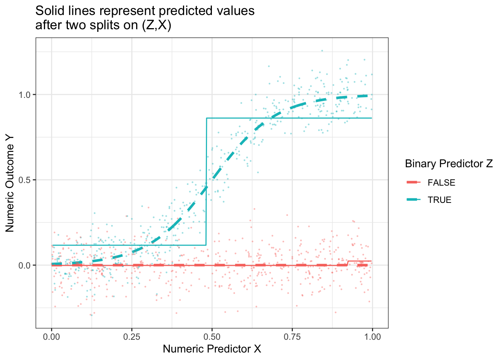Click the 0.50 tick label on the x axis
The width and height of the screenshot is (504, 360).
pyautogui.click(x=212, y=337)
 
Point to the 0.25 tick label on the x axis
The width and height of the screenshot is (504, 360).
pyautogui.click(x=132, y=337)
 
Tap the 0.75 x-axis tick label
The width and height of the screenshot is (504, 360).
pyautogui.click(x=292, y=337)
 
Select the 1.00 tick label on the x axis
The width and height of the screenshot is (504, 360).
pyautogui.click(x=372, y=337)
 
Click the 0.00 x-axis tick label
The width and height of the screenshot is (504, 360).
pyautogui.click(x=51, y=337)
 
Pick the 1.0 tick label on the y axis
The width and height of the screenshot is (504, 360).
pyautogui.click(x=25, y=94)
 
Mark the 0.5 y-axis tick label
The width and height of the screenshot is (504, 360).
pyautogui.click(x=25, y=180)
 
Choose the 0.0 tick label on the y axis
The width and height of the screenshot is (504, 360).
pyautogui.click(x=25, y=265)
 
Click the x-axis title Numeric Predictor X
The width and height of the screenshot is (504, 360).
pyautogui.click(x=212, y=349)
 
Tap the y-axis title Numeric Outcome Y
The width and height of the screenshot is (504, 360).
pyautogui.click(x=10, y=183)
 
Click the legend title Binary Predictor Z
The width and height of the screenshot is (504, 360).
pyautogui.click(x=448, y=164)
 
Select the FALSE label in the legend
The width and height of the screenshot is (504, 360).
pyautogui.click(x=441, y=183)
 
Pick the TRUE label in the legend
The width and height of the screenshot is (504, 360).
pyautogui.click(x=439, y=200)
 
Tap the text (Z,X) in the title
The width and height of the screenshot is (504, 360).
pyautogui.click(x=156, y=25)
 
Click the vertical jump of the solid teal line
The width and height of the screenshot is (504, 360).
pyautogui.click(x=206, y=180)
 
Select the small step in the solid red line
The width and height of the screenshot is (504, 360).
pyautogui.click(x=348, y=263)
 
